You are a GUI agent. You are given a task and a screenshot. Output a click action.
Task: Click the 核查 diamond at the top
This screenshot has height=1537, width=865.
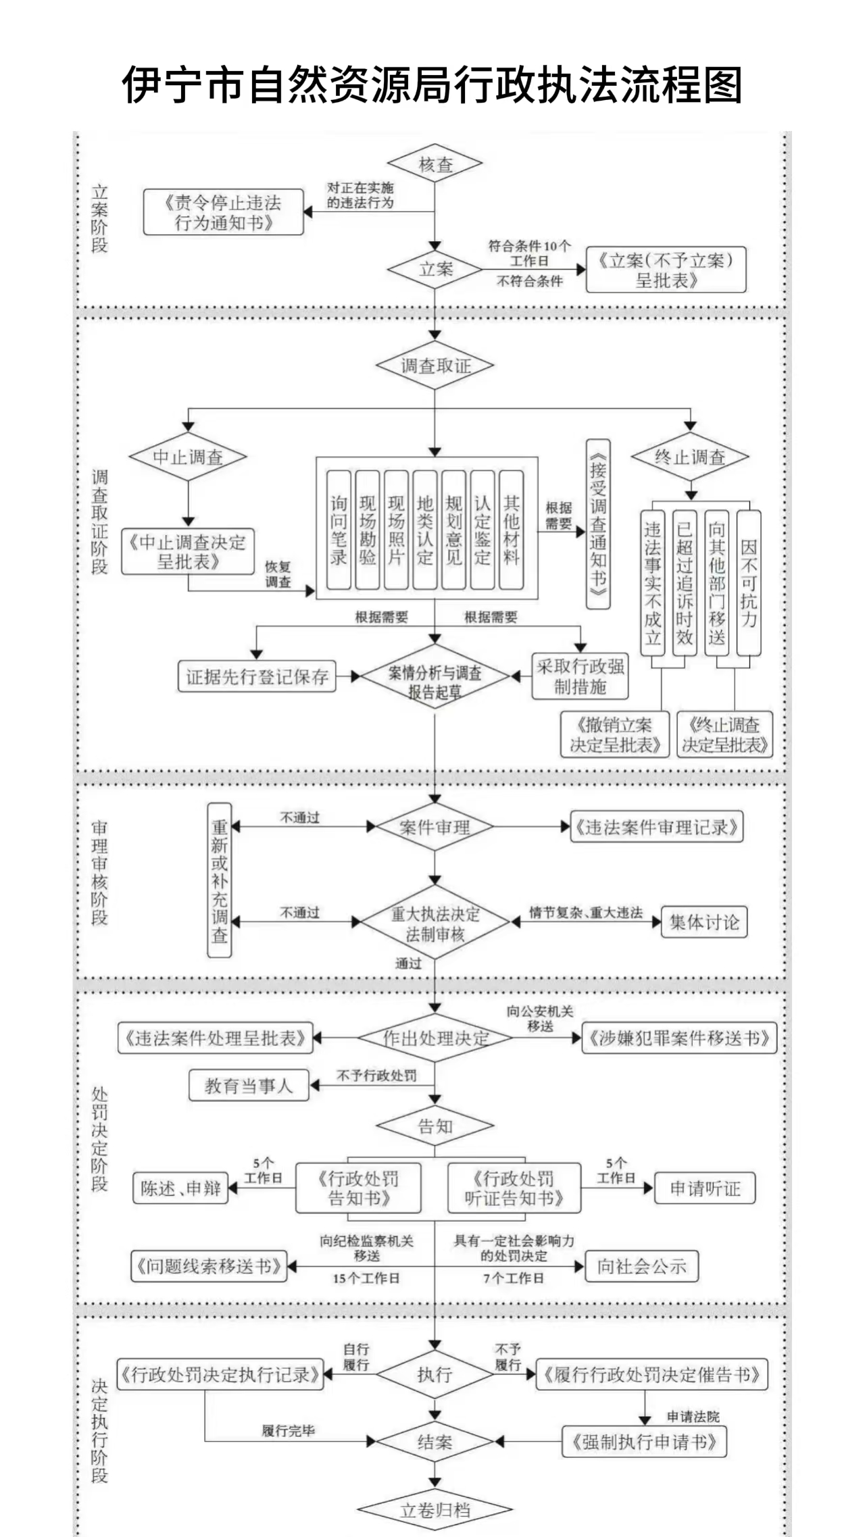pyautogui.click(x=435, y=164)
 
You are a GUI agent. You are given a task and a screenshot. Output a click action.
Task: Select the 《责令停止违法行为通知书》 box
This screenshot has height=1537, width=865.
pyautogui.click(x=223, y=212)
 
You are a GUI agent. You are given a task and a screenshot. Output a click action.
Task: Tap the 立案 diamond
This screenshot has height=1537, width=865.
pyautogui.click(x=435, y=269)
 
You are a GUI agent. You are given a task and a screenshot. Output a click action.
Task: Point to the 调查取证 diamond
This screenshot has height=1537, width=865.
pyautogui.click(x=435, y=366)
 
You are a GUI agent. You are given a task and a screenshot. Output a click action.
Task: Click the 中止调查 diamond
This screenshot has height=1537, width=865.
pyautogui.click(x=188, y=457)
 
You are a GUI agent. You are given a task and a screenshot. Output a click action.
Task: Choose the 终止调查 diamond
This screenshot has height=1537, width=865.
pyautogui.click(x=690, y=457)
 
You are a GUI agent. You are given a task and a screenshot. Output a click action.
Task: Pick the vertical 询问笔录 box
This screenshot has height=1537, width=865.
pyautogui.click(x=339, y=530)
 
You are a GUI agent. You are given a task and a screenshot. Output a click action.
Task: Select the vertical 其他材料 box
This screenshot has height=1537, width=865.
pyautogui.click(x=511, y=530)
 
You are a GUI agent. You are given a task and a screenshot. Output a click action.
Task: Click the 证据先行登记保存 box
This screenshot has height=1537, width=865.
pyautogui.click(x=257, y=676)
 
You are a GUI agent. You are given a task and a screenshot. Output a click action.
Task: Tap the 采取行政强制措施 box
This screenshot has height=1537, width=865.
pyautogui.click(x=580, y=676)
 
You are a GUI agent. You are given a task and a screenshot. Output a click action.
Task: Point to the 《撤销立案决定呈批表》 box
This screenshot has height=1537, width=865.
pyautogui.click(x=614, y=734)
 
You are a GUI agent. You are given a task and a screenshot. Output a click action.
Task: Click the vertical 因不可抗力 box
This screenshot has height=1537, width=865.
pyautogui.click(x=748, y=582)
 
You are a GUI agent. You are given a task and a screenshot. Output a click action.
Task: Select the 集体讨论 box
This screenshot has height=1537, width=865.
pyautogui.click(x=704, y=922)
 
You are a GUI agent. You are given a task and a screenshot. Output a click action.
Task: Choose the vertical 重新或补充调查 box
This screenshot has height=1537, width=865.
pyautogui.click(x=219, y=880)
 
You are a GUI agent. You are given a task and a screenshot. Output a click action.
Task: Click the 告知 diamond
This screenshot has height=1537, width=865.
pyautogui.click(x=435, y=1126)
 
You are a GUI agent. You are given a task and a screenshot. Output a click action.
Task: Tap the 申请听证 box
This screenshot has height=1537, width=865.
pyautogui.click(x=704, y=1188)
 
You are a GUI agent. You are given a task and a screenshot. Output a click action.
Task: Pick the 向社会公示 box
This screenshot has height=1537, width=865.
pyautogui.click(x=641, y=1266)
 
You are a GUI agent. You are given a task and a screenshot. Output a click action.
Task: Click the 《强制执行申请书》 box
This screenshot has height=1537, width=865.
pyautogui.click(x=644, y=1442)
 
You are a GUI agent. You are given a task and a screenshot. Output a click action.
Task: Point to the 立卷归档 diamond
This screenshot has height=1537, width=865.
pyautogui.click(x=435, y=1511)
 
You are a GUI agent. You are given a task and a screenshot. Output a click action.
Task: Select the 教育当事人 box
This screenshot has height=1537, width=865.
pyautogui.click(x=248, y=1086)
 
